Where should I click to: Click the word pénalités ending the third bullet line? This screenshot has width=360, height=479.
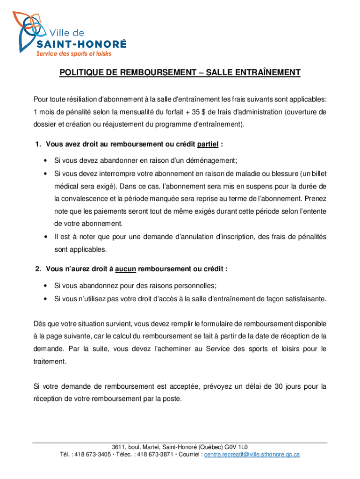click(x=309, y=237)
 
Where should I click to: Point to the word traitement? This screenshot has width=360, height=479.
click(x=50, y=362)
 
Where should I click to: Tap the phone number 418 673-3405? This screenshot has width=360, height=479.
click(x=93, y=454)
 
